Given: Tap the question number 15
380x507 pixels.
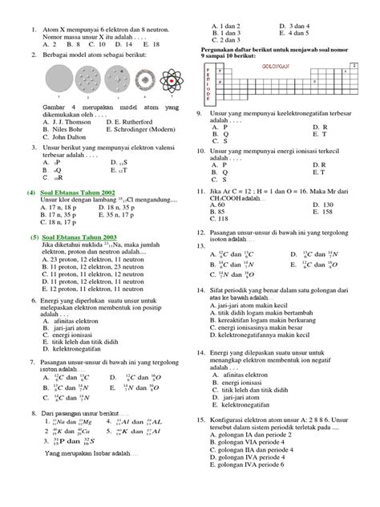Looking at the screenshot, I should (201, 420).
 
